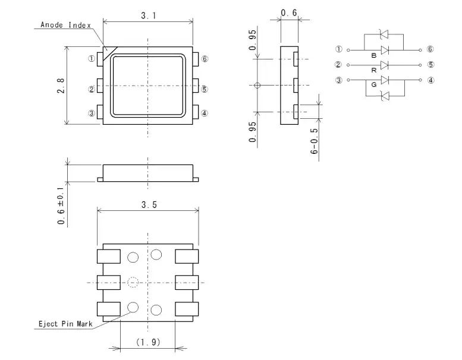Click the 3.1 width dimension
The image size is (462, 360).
pyautogui.click(x=149, y=15)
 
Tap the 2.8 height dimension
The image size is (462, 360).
pyautogui.click(x=61, y=86)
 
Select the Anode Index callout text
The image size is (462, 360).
pyautogui.click(x=66, y=25)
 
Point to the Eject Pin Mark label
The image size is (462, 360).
pyautogui.click(x=65, y=324)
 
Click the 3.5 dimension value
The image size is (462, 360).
pyautogui.click(x=149, y=204)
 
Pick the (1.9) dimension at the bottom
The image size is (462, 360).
pyautogui.click(x=148, y=342)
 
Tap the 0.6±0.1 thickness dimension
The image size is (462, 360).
pyautogui.click(x=61, y=206)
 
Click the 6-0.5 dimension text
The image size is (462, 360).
pyautogui.click(x=315, y=141)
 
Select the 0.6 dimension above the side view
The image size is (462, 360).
pyautogui.click(x=289, y=13)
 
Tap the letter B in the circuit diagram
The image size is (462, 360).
pyautogui.click(x=374, y=56)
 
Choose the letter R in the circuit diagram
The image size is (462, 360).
pyautogui.click(x=374, y=70)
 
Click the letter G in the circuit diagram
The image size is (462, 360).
pyautogui.click(x=374, y=85)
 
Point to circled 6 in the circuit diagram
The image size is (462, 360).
pyautogui.click(x=430, y=49)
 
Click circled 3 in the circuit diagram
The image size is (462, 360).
pyautogui.click(x=339, y=80)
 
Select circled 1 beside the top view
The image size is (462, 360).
pyautogui.click(x=92, y=59)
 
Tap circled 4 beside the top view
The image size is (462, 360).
pyautogui.click(x=204, y=113)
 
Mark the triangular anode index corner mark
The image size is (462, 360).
pyautogui.click(x=108, y=52)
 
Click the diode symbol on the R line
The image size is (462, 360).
pyautogui.click(x=385, y=65)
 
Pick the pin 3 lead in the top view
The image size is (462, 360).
pyautogui.click(x=100, y=112)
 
